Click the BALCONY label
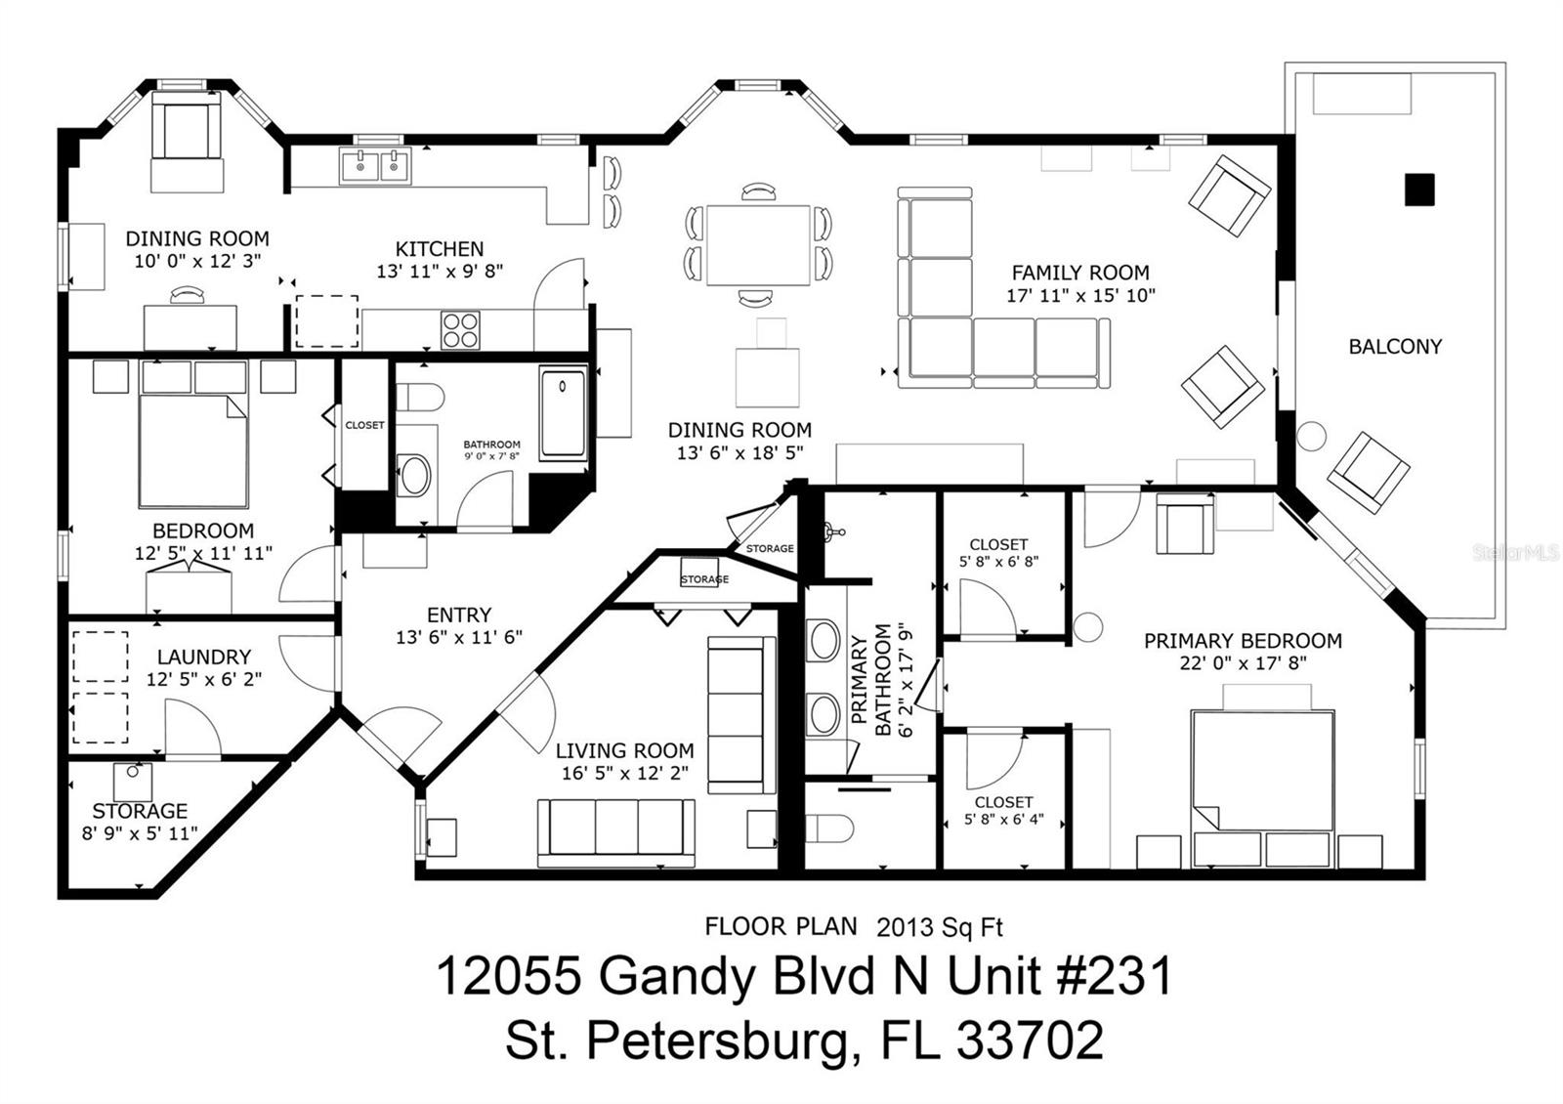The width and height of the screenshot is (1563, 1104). click(1395, 347)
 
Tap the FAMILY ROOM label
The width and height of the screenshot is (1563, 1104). click(1080, 273)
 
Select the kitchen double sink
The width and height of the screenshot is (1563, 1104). click(375, 166)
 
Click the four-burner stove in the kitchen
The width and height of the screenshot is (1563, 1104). click(460, 330)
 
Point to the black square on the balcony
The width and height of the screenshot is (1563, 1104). click(1419, 190)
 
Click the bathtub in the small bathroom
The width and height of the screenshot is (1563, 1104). click(563, 414)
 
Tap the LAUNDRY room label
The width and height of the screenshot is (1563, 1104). click(204, 657)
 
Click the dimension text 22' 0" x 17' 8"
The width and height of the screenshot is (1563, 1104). click(1243, 663)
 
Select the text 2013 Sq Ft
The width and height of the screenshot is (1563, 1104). click(939, 927)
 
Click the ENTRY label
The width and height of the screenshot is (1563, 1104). click(459, 615)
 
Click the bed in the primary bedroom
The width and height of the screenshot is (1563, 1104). click(1263, 772)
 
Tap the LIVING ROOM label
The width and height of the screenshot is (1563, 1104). click(624, 751)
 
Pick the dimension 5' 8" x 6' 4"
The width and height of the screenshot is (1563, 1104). click(1004, 820)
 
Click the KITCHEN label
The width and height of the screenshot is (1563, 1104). click(440, 249)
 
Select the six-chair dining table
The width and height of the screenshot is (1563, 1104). click(758, 244)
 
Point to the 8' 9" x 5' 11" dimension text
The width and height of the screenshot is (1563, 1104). click(140, 833)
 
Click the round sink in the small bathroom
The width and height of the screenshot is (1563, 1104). click(414, 475)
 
